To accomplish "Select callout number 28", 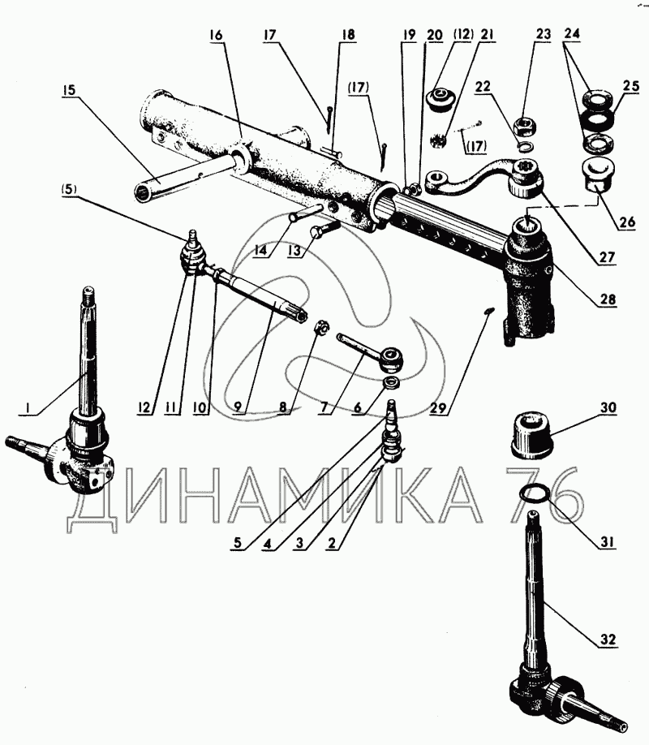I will click(607, 300).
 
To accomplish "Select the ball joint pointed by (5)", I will click(192, 252).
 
